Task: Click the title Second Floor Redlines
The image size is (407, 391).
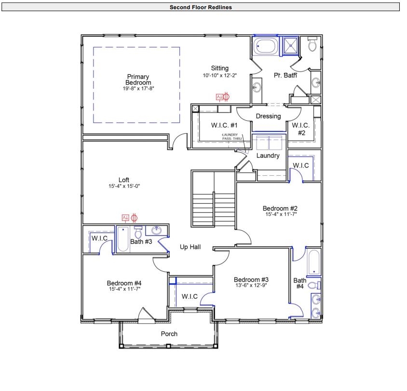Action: coord(201,7)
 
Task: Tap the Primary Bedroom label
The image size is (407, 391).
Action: coord(138,80)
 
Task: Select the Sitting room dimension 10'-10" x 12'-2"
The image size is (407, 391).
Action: coord(219,76)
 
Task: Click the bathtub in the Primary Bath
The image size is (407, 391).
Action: coord(266,47)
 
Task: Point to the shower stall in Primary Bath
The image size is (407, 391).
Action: coord(291,46)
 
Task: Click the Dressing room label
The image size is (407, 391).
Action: coord(268,116)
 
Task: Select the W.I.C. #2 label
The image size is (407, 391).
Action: coord(301,129)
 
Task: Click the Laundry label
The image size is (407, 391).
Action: coord(268,156)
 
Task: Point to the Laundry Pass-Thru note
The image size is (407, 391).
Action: coord(232,137)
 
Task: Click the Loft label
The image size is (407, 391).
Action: coord(124,180)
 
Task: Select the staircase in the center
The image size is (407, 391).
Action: coord(213,197)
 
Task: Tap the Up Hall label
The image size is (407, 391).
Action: coord(190,247)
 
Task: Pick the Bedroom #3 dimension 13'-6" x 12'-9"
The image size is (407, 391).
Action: coord(250,285)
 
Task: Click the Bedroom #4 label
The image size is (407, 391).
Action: coord(124,283)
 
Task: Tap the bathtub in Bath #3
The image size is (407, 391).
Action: coord(122,240)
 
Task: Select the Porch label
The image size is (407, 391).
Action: coord(169,334)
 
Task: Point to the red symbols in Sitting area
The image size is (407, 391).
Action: coord(222,97)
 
